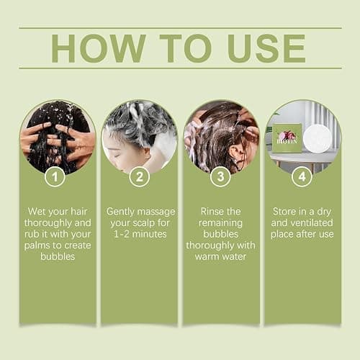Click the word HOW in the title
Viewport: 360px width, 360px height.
(x=99, y=48)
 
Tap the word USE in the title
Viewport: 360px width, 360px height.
(x=266, y=48)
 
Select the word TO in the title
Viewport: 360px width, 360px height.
(x=186, y=48)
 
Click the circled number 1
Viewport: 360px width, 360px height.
(x=55, y=177)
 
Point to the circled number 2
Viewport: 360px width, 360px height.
(x=140, y=177)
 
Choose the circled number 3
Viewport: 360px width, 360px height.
(x=220, y=177)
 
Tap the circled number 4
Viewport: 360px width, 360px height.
(x=302, y=177)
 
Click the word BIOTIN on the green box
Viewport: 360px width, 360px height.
(x=287, y=141)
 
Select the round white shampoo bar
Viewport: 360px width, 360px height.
(x=318, y=138)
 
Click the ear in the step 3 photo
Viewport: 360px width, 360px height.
(x=235, y=153)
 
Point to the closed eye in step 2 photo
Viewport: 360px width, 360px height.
(x=117, y=156)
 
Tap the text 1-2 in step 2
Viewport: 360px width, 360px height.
(x=122, y=234)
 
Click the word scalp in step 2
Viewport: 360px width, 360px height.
(x=144, y=223)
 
